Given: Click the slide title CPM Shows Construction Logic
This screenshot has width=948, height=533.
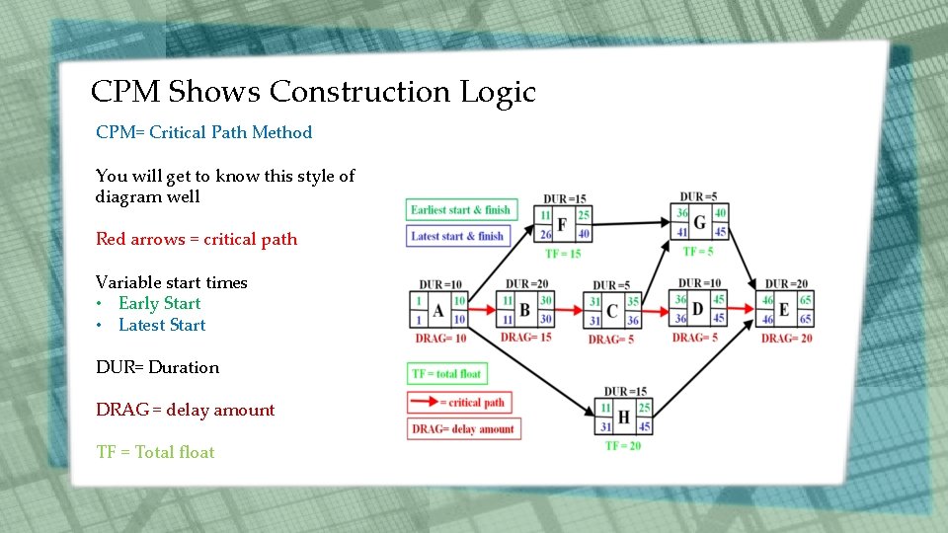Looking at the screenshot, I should click(x=313, y=92).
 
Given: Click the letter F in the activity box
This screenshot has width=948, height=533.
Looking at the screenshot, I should click(x=562, y=225).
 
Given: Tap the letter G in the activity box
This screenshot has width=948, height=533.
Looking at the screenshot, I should click(x=699, y=222).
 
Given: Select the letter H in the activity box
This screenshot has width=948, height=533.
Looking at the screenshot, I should click(x=623, y=418).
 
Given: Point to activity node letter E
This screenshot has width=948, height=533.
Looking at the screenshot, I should click(x=783, y=310).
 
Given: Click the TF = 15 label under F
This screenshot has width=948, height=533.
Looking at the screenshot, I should click(x=562, y=254).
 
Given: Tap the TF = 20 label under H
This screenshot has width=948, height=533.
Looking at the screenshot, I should click(x=624, y=446).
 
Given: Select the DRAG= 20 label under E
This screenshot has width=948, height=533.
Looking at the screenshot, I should click(x=786, y=339).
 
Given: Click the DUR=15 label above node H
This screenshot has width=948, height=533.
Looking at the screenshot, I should click(x=625, y=392).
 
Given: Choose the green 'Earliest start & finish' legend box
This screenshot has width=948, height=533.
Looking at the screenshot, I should click(x=460, y=210).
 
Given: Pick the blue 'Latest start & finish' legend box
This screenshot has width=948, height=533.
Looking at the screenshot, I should click(x=457, y=236).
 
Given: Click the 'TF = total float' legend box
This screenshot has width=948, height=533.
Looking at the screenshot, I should click(x=447, y=374).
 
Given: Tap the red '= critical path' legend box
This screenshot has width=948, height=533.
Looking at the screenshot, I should click(x=463, y=402).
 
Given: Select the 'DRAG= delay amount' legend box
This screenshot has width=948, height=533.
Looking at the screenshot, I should click(x=463, y=429).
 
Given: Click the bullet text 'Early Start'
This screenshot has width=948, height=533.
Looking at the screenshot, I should click(x=159, y=303).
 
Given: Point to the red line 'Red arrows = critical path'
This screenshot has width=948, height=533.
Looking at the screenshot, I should click(x=196, y=239).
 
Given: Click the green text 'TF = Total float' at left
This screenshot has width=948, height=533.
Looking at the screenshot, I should click(x=155, y=452).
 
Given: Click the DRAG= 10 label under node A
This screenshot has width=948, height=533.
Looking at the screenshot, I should click(x=440, y=339).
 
